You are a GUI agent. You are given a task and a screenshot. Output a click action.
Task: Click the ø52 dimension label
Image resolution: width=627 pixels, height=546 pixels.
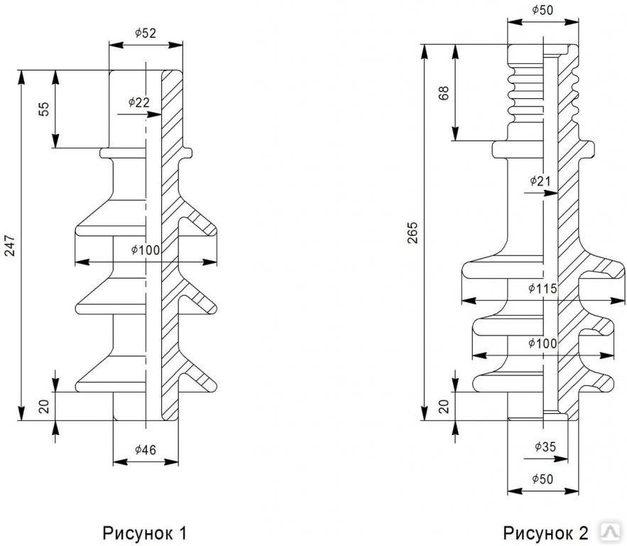coord(146,33)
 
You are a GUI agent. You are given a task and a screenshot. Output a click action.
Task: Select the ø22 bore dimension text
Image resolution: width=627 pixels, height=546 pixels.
coord(139,102)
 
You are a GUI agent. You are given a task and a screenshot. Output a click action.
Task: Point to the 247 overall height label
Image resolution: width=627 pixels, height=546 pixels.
coord(11,246)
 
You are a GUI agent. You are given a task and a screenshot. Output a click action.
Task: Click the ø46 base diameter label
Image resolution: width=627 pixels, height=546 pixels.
coord(146,449)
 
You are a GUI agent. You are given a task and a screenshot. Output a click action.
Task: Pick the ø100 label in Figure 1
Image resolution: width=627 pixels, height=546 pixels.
coord(146,250)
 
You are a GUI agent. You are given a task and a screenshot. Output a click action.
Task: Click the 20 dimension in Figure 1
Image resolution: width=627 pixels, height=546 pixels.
coord(44,406)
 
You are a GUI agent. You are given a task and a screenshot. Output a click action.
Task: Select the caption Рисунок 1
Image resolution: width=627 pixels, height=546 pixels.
coord(145,532)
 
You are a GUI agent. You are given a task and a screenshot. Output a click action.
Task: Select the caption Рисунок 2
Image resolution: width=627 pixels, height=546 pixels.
coord(546,532)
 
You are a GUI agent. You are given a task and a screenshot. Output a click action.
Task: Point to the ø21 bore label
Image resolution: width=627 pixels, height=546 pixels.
coord(540,181)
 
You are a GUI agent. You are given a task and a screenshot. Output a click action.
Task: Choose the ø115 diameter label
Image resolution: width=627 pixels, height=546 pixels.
coord(543,289)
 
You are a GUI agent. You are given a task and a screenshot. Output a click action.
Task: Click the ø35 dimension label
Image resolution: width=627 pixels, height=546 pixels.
coord(545,446)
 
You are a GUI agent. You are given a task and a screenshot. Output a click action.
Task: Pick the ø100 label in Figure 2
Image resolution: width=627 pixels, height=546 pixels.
coord(543,343)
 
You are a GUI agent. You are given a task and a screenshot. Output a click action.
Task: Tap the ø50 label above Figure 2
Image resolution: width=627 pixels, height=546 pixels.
coord(543,11)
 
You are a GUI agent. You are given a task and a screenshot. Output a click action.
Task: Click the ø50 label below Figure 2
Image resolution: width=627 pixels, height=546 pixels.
coord(543,478)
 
